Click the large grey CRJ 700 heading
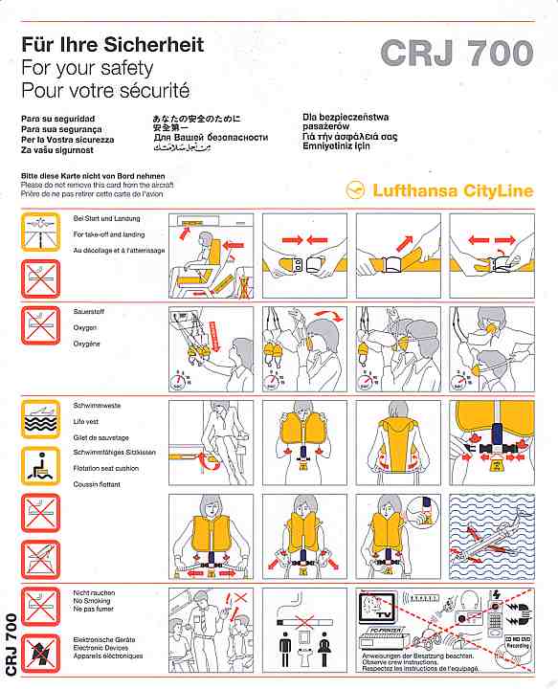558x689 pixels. click(456, 54)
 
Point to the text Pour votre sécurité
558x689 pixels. click(105, 91)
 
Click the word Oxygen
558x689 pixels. click(87, 327)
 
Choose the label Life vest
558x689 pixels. click(89, 421)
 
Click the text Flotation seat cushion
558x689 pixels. click(106, 468)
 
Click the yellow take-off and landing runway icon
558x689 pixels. click(40, 231)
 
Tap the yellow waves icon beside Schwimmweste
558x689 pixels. click(40, 418)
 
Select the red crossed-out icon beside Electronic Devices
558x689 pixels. click(40, 650)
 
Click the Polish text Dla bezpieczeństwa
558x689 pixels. click(341, 119)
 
